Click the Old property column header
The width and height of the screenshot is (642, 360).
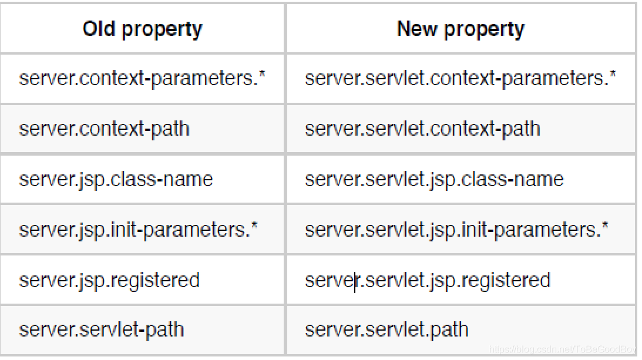[x=142, y=29]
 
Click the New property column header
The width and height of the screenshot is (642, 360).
[x=461, y=29]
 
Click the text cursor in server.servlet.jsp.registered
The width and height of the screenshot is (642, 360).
[x=355, y=281]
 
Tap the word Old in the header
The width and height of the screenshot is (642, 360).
[x=100, y=29]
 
